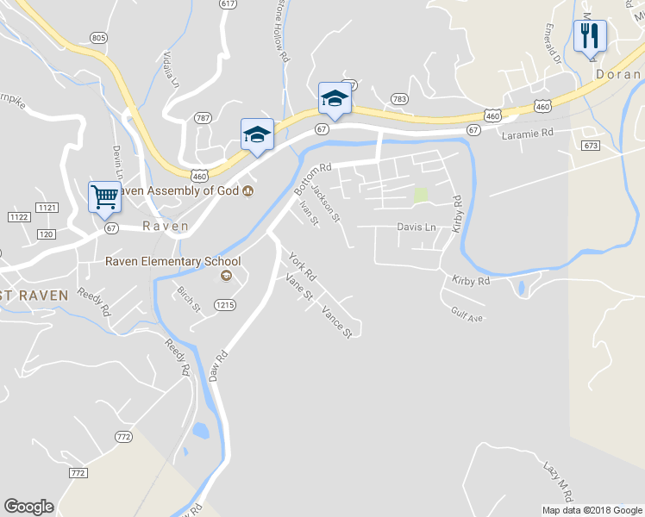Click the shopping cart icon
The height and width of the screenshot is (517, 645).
[104, 196]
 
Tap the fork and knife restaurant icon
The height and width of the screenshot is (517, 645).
[590, 37]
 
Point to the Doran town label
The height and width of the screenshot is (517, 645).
[617, 75]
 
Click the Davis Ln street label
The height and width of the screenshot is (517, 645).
[416, 227]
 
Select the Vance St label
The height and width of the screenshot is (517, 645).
[336, 321]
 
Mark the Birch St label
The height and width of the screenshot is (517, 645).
[188, 297]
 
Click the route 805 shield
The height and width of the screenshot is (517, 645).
[97, 38]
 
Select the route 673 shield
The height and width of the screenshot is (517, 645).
[590, 145]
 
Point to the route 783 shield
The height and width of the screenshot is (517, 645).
[398, 99]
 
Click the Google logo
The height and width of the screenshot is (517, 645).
[28, 507]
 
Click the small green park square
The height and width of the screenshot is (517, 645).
[421, 195]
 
